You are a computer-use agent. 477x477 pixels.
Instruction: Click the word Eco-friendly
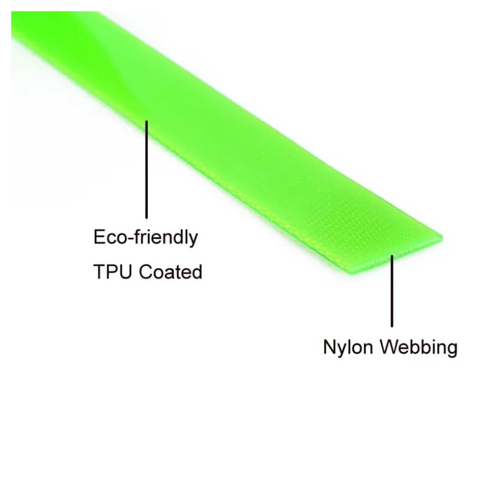tap(145, 238)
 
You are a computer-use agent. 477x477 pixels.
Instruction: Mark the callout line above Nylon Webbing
tap(392, 292)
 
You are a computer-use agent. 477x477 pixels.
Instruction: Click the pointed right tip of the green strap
tap(442, 238)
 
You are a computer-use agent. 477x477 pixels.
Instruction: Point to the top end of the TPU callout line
tap(146, 122)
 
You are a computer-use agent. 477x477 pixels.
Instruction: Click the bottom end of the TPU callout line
tap(146, 218)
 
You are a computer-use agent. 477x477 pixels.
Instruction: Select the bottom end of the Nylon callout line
tap(392, 326)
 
